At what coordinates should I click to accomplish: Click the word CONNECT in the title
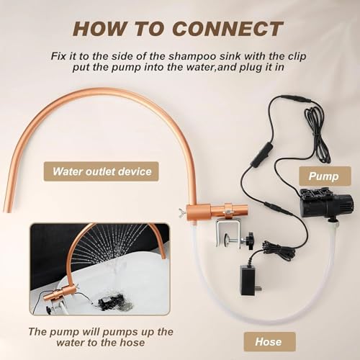tap(228, 29)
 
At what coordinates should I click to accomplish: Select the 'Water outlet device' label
tap(101, 171)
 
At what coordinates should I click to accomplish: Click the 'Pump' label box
tap(325, 176)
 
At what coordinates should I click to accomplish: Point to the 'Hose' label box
tap(269, 341)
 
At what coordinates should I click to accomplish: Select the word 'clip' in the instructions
tap(297, 56)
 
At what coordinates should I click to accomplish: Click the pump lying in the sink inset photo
tap(107, 301)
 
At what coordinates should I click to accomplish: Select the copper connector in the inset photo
tap(59, 294)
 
